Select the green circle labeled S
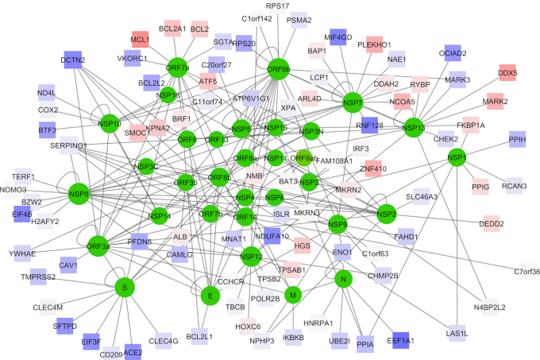pos(123,286)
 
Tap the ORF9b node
pos(279,70)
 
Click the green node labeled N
pos(343,280)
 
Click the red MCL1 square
pos(141,39)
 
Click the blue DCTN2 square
pos(73,60)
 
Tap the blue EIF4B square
pos(22,213)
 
